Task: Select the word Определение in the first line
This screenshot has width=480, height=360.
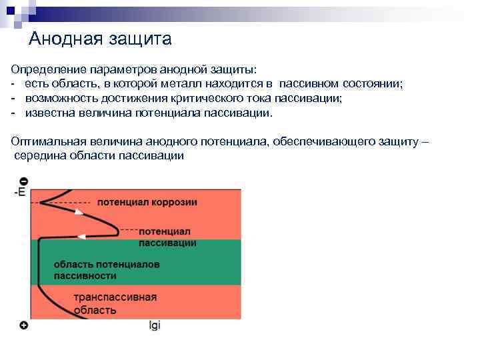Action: click(43, 69)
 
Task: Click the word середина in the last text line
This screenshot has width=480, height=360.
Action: click(38, 156)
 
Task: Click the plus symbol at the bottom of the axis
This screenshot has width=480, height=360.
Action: click(24, 325)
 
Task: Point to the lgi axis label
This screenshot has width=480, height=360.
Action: click(154, 326)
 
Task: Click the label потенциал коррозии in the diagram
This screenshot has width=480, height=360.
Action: click(147, 202)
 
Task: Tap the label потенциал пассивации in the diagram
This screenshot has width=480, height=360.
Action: click(167, 237)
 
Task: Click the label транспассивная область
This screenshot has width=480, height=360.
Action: click(115, 303)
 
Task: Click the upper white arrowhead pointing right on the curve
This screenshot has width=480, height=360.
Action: click(79, 211)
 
